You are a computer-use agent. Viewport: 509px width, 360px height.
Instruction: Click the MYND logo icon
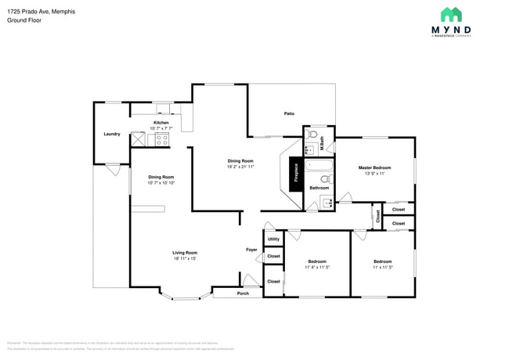[451, 14]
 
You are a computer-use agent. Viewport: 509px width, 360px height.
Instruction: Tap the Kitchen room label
[161, 123]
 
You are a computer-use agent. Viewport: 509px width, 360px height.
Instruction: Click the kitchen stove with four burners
[162, 139]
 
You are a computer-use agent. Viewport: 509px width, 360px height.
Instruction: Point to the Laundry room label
[112, 134]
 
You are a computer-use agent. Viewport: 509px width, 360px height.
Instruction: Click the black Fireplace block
[296, 172]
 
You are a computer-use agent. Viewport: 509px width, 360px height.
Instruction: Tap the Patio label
[289, 114]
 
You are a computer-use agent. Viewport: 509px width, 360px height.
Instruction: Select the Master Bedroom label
[374, 167]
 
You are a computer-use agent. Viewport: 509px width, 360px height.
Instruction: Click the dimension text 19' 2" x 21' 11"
[240, 167]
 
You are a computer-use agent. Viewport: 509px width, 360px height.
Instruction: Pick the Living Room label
[185, 253]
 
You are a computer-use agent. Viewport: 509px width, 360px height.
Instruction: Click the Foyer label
[251, 250]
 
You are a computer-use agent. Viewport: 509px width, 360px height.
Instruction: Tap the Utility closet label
[273, 239]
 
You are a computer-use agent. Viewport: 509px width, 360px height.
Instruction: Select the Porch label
[243, 293]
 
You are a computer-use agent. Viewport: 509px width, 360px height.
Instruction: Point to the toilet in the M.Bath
[313, 134]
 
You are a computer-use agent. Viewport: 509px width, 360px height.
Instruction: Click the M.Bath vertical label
[322, 143]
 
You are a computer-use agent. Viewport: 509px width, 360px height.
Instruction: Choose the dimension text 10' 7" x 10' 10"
[161, 183]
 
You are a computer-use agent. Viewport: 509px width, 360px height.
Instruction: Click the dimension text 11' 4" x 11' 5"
[317, 268]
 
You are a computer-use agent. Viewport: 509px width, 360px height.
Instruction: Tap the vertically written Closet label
[377, 218]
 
